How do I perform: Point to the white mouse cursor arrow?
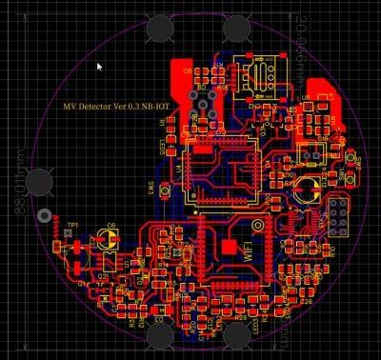100,67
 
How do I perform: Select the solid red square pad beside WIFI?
229,247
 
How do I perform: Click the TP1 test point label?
72,224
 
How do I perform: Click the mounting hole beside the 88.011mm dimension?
39,180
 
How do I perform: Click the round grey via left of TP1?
42,216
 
